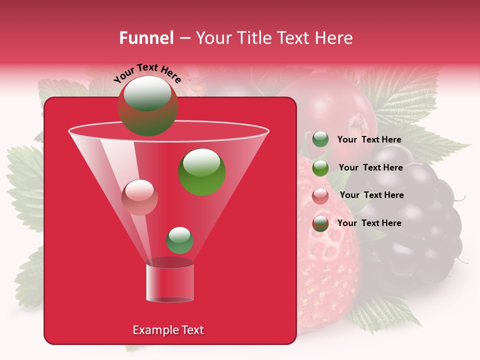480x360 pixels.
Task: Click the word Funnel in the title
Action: point(146,38)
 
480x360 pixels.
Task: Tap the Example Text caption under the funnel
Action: point(168,330)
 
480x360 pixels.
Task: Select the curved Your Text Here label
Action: point(147,73)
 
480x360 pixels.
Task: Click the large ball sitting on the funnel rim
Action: point(147,106)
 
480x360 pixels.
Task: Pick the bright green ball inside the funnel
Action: point(201,171)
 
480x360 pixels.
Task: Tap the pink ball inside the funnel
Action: point(139,197)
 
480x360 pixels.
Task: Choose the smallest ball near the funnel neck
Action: point(179,240)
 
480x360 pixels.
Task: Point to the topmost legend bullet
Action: point(320,139)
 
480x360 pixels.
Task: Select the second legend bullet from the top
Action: point(320,168)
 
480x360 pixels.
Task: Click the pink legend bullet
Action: point(320,196)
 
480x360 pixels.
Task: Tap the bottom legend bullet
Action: point(320,223)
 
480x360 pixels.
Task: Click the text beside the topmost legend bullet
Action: point(369,139)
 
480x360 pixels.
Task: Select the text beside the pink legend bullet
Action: point(371,195)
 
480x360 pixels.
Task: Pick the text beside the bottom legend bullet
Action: point(369,223)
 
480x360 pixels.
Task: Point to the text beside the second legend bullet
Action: point(370,167)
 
